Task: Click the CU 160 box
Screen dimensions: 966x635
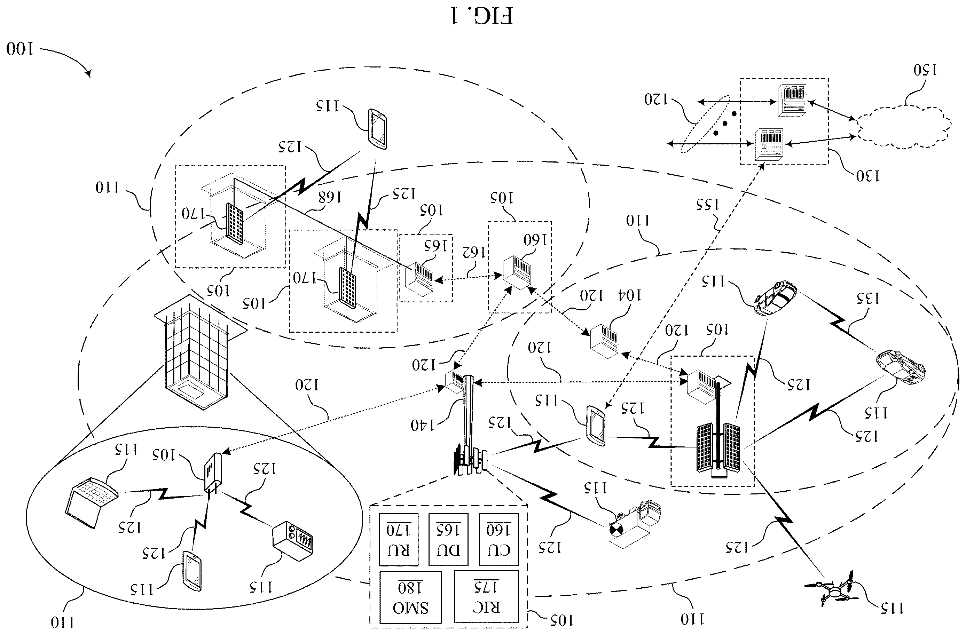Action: (499, 539)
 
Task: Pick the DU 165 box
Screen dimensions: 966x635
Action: (448, 539)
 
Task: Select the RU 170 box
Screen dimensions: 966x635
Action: (398, 539)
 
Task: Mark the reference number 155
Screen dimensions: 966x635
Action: (707, 205)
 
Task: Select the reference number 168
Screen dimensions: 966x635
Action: (330, 197)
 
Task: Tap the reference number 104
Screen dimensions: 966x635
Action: (629, 295)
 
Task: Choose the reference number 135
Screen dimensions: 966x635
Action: (868, 298)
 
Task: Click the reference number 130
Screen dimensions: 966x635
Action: (868, 176)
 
